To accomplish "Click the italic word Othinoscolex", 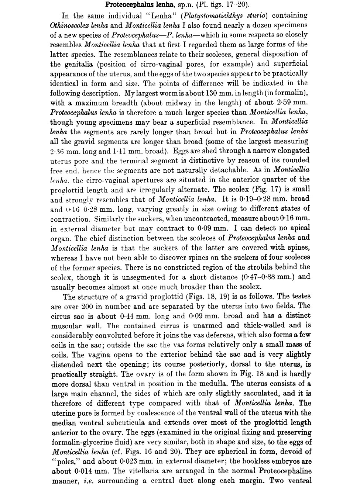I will tap(72, 25).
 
